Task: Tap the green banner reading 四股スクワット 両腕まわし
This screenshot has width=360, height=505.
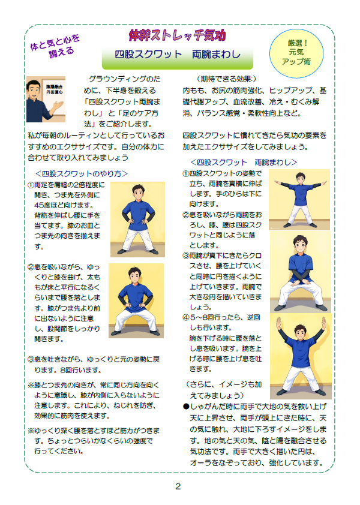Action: pos(178,56)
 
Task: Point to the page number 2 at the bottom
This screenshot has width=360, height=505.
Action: pos(178,486)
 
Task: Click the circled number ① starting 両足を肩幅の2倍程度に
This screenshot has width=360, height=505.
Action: pos(31,185)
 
